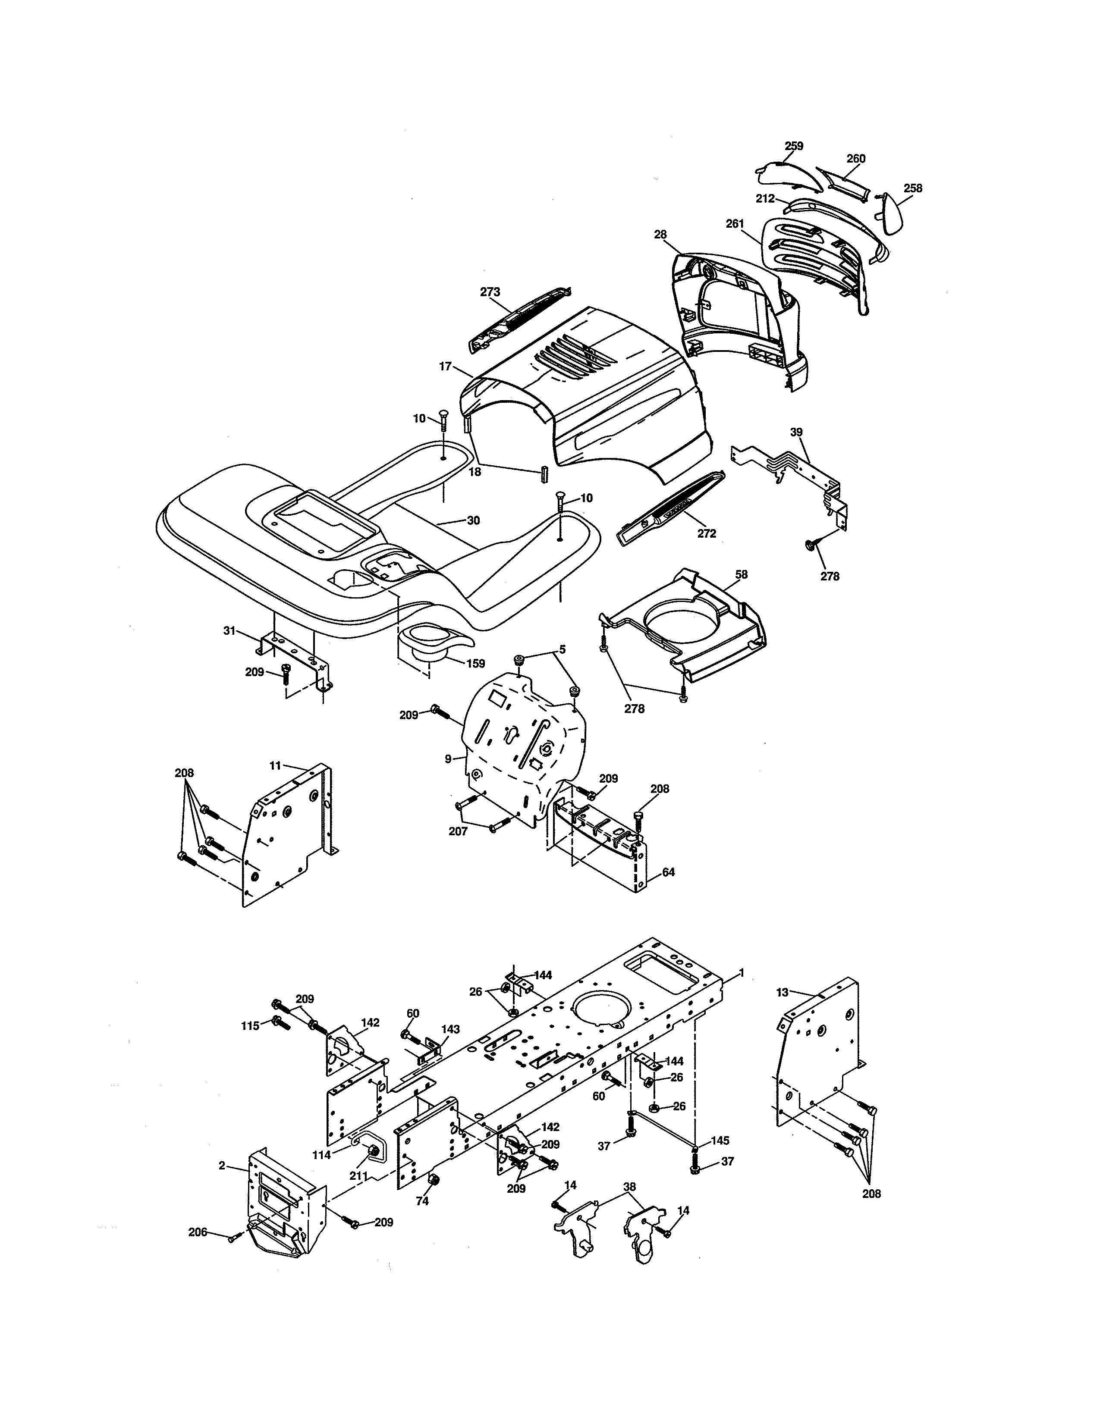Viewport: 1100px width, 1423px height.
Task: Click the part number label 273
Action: (x=490, y=292)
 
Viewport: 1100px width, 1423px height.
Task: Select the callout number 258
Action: (x=913, y=188)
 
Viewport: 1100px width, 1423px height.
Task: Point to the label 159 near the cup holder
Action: (x=475, y=663)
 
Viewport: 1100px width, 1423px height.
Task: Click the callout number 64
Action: (x=669, y=872)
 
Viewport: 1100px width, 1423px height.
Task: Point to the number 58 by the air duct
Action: (x=741, y=575)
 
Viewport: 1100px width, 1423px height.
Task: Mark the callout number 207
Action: (x=458, y=831)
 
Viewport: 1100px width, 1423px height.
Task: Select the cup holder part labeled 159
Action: (x=427, y=639)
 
